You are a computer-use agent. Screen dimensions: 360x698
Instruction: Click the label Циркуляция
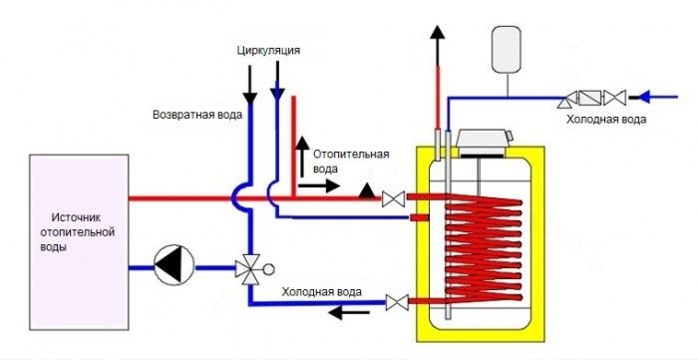pos(269,49)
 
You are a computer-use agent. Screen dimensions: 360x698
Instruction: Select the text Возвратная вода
pos(196,115)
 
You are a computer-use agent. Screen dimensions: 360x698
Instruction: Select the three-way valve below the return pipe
pos(247,267)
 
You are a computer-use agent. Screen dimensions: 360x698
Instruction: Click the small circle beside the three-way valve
pos(267,267)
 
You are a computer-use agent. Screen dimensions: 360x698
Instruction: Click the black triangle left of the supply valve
pos(368,189)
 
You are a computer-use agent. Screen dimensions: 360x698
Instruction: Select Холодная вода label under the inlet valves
pos(606,119)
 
